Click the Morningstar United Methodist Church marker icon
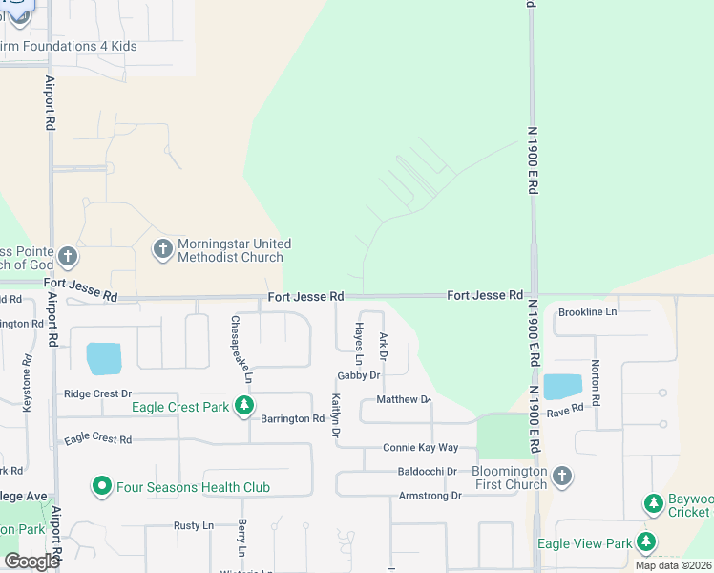(163, 249)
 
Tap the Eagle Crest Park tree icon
(244, 407)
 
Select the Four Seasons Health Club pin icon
(102, 487)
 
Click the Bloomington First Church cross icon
(562, 477)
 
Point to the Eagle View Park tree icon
(646, 543)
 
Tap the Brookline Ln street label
(588, 311)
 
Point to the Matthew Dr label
(404, 399)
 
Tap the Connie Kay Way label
(421, 447)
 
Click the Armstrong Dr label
(430, 496)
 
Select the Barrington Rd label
(293, 418)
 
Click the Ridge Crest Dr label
(97, 393)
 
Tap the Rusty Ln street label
(193, 525)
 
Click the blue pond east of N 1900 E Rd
(562, 387)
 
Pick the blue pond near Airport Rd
(104, 358)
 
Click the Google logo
(31, 561)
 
